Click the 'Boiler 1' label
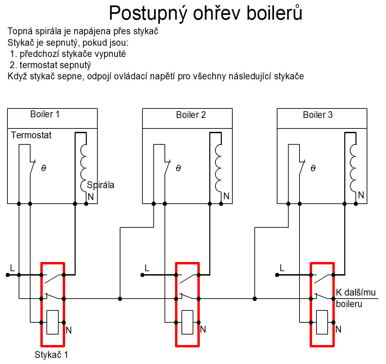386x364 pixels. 45,114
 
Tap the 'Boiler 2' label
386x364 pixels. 191,115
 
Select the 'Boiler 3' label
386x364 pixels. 317,115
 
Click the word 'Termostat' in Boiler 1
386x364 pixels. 31,135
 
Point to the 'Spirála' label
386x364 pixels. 100,185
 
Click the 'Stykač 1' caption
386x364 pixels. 51,355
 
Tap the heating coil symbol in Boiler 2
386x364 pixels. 218,168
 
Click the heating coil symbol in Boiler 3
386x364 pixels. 353,168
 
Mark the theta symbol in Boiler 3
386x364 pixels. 313,168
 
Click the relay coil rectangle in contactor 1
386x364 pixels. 53,322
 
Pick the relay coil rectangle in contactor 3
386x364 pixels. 322,322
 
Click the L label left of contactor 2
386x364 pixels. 147,268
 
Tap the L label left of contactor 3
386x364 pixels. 282,268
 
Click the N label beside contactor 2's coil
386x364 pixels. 203,329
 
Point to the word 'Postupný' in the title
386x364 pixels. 148,14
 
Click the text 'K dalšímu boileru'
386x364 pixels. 355,298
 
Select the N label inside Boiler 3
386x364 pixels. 361,195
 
